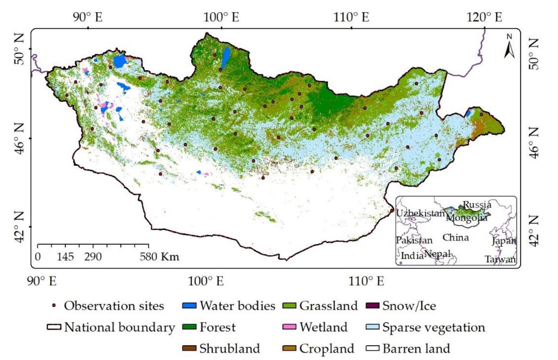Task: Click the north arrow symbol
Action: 509,47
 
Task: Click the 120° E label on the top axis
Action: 484,17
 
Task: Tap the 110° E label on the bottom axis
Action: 366,281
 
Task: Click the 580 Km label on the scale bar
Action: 159,256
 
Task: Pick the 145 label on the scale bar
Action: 65,256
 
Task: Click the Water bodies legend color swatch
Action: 189,306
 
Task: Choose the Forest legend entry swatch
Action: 189,327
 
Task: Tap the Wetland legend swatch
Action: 289,327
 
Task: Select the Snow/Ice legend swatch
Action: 372,306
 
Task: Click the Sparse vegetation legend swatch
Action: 372,327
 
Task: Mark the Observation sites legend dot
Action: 54,306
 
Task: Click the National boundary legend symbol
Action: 54,327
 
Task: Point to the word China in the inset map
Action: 456,238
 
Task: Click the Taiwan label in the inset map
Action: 500,259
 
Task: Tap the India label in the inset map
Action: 412,256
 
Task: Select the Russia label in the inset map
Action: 477,205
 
